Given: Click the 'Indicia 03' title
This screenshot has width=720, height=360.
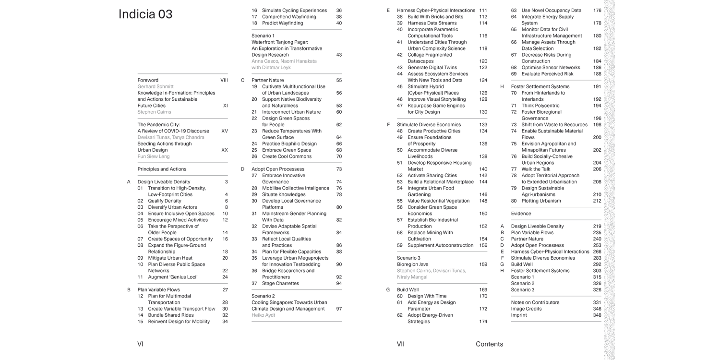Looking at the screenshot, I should click(145, 14).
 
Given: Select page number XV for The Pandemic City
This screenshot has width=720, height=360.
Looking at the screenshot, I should click(224, 131).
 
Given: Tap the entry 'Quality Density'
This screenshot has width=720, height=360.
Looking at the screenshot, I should click(164, 201).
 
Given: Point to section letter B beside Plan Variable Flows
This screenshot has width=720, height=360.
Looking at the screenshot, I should click(129, 290).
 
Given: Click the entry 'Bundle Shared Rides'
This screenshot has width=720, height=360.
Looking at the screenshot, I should click(171, 315).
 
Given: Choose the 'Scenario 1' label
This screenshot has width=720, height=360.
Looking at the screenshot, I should click(263, 36).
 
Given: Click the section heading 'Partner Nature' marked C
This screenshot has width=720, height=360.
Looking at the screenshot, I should click(267, 80).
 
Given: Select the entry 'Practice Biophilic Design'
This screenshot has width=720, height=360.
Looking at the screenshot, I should click(289, 144).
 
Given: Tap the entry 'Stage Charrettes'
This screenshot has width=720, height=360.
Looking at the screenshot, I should click(280, 284).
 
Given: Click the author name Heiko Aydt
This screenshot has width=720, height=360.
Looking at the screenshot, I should click(264, 315).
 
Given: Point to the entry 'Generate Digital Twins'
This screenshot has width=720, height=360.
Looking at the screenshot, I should click(432, 68).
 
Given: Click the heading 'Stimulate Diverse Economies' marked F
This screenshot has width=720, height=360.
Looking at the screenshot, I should click(429, 125).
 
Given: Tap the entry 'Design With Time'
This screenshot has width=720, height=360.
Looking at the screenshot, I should click(427, 296).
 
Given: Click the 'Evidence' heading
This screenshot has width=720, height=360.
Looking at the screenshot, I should click(521, 214).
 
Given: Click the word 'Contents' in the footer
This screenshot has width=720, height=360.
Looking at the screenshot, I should click(489, 344).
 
